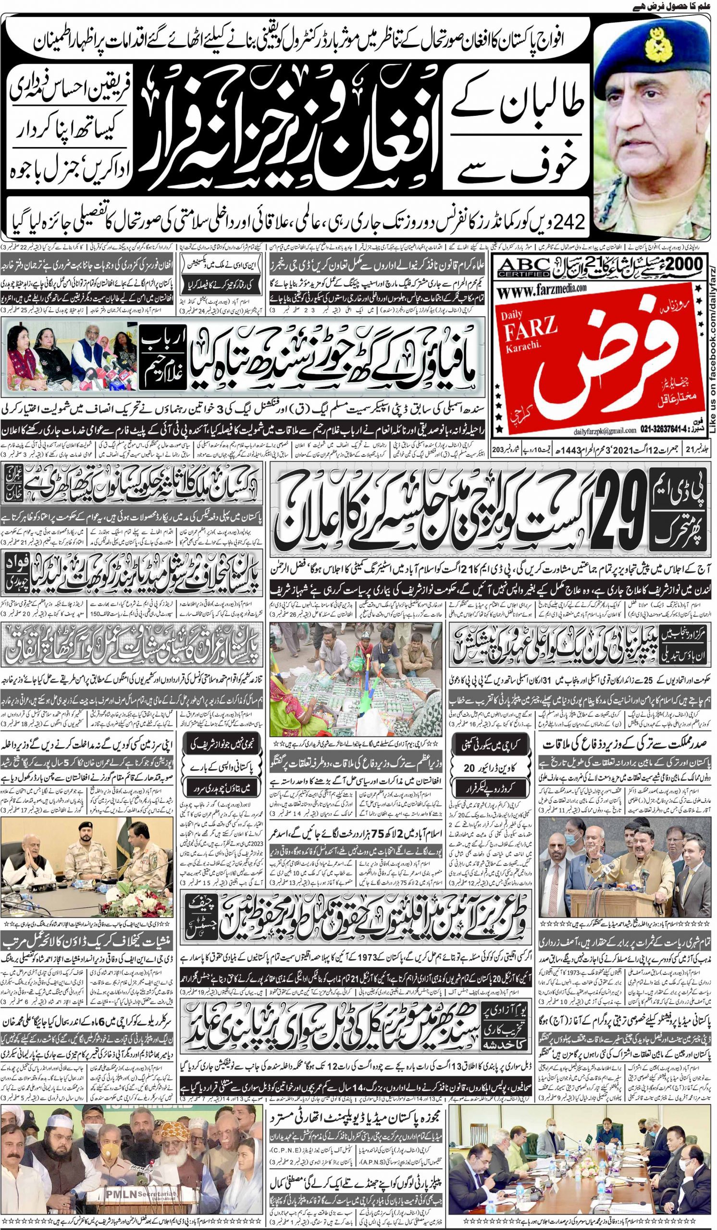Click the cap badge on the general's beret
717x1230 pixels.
[x=655, y=44]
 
